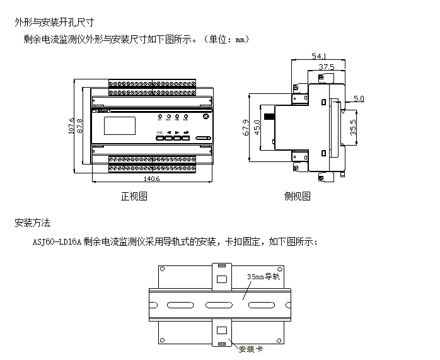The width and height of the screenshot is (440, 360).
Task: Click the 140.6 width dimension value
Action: click(151, 179)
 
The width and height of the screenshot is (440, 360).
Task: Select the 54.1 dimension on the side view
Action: click(319, 57)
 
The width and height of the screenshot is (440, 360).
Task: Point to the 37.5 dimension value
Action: click(326, 66)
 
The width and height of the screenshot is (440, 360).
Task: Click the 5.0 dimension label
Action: click(359, 99)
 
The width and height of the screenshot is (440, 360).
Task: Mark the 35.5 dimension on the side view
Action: click(354, 128)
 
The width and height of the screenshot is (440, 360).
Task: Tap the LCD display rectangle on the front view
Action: click(120, 126)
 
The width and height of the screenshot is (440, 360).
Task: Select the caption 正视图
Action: click(134, 196)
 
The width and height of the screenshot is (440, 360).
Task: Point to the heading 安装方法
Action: click(32, 223)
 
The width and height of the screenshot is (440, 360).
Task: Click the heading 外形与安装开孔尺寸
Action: click(54, 22)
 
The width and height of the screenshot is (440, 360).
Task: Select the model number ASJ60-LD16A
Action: click(57, 241)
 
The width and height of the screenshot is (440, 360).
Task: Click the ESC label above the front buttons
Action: click(159, 132)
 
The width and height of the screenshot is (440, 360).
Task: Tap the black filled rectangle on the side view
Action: click(270, 117)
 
